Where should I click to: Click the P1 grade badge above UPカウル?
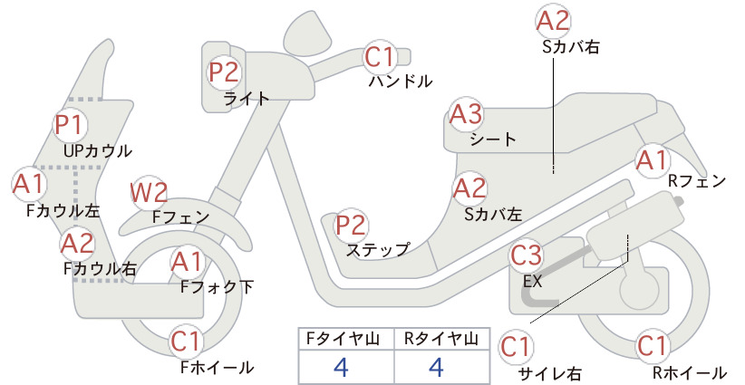(x=71, y=124)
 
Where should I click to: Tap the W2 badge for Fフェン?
(x=149, y=193)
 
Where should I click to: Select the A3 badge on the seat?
(x=466, y=114)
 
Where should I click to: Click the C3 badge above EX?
(x=526, y=255)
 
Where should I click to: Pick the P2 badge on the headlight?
(x=224, y=72)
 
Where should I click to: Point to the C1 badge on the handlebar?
(x=380, y=56)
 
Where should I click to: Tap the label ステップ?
(x=378, y=250)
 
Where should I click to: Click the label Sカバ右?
(x=571, y=46)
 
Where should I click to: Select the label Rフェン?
(x=697, y=181)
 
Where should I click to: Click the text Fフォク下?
(x=217, y=287)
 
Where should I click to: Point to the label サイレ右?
(x=550, y=373)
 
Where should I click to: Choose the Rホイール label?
(x=690, y=372)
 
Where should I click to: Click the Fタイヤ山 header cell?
(x=346, y=339)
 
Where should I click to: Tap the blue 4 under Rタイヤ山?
(x=436, y=367)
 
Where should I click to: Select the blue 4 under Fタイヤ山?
(x=341, y=367)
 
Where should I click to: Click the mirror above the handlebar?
(x=308, y=33)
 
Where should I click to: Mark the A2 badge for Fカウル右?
(x=77, y=244)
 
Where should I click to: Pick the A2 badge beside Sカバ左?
(x=469, y=188)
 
